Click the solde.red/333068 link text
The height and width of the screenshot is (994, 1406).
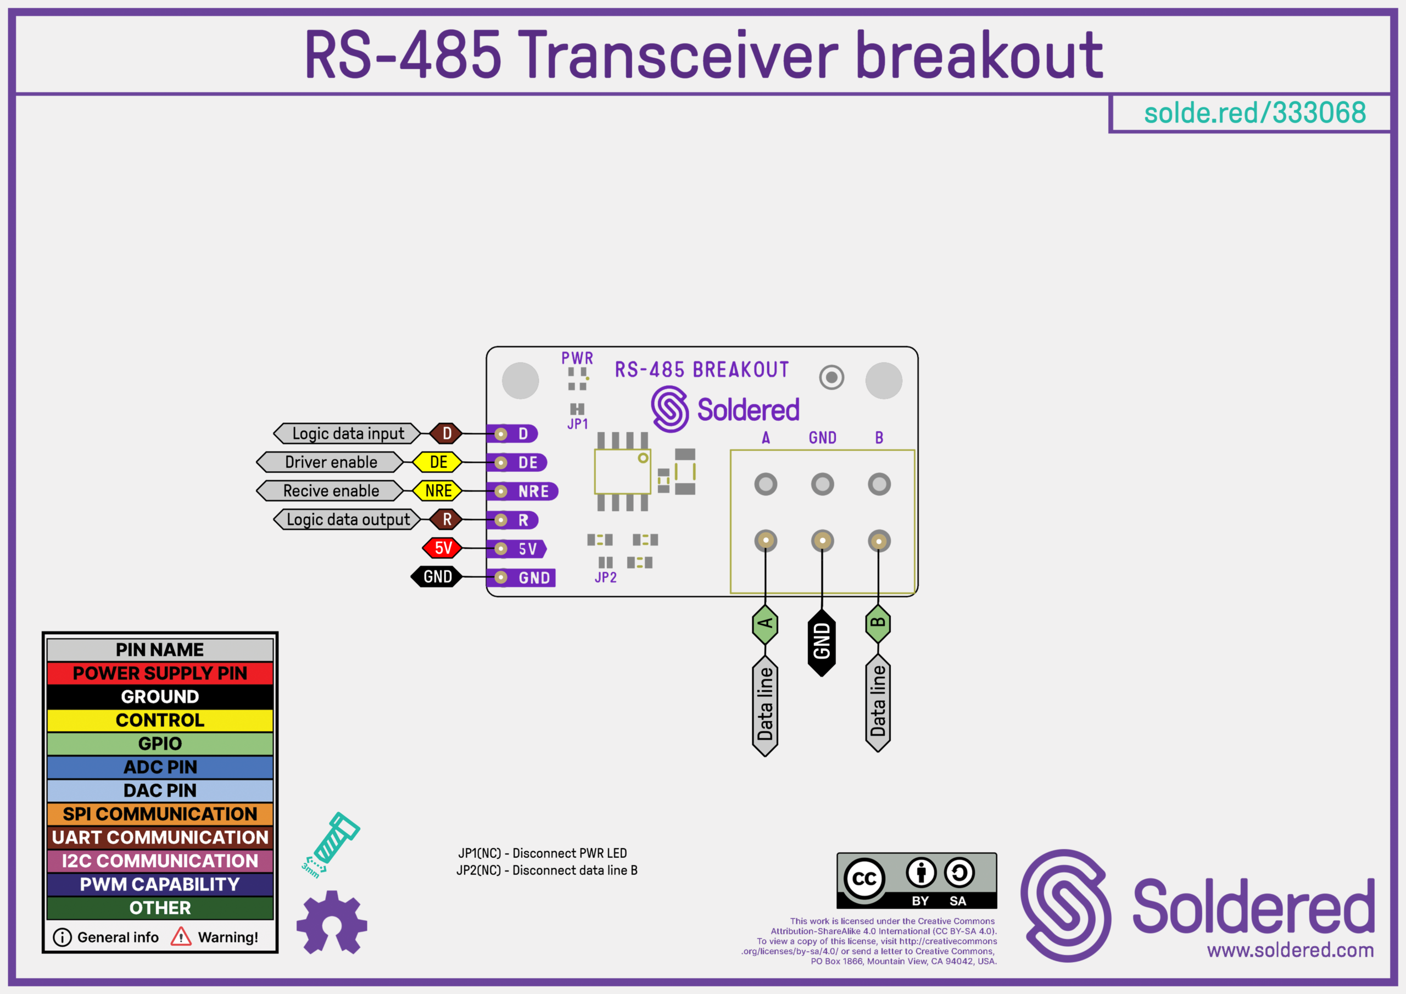point(1255,113)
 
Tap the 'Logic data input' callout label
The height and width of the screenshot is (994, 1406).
point(348,434)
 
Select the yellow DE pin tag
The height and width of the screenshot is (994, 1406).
point(438,462)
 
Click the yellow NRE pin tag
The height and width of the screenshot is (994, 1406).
point(438,491)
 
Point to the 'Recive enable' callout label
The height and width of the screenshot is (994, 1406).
point(331,491)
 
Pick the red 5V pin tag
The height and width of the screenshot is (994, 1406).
point(443,548)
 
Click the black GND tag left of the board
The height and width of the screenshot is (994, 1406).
point(437,577)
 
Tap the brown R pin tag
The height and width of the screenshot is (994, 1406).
point(447,520)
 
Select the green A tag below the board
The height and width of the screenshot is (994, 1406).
point(765,624)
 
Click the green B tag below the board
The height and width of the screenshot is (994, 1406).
point(878,623)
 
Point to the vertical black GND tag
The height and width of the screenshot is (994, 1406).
point(822,642)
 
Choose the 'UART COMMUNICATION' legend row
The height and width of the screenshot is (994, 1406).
point(160,837)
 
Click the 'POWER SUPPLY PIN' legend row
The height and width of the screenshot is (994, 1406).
point(160,673)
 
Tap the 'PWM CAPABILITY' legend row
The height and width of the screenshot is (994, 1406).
point(160,884)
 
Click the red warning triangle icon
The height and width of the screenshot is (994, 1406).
point(181,937)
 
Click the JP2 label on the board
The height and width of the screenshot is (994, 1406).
point(606,578)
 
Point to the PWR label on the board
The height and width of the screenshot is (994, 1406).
point(577,358)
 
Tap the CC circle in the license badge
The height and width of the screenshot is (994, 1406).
point(864,879)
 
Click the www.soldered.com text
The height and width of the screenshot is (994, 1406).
point(1290,951)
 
